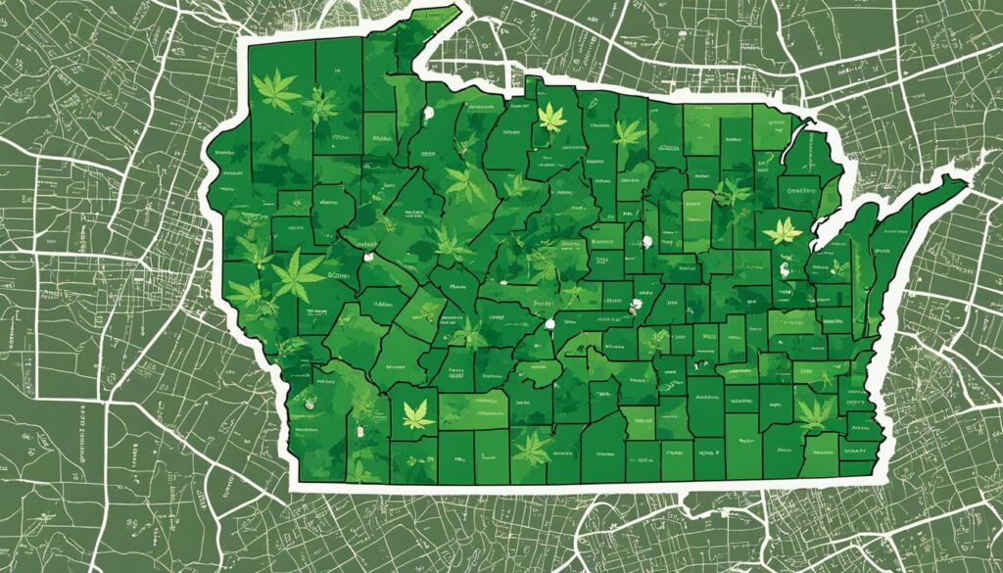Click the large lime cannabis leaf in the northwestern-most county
(x=277, y=90)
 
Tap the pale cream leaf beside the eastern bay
(x=784, y=231)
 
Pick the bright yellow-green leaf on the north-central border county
(x=551, y=118)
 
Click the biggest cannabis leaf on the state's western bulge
(x=296, y=275)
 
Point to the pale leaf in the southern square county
(x=418, y=415)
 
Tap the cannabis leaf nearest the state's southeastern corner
(x=815, y=411)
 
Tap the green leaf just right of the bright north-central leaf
(x=629, y=132)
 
